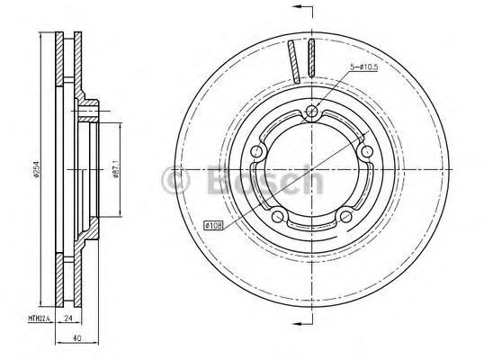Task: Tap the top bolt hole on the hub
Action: pyautogui.click(x=311, y=112)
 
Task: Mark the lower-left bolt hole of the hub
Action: pyautogui.click(x=278, y=217)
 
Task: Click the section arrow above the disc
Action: pyautogui.click(x=300, y=10)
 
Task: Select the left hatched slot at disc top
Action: pyautogui.click(x=292, y=62)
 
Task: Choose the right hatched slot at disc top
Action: pyautogui.click(x=310, y=62)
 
